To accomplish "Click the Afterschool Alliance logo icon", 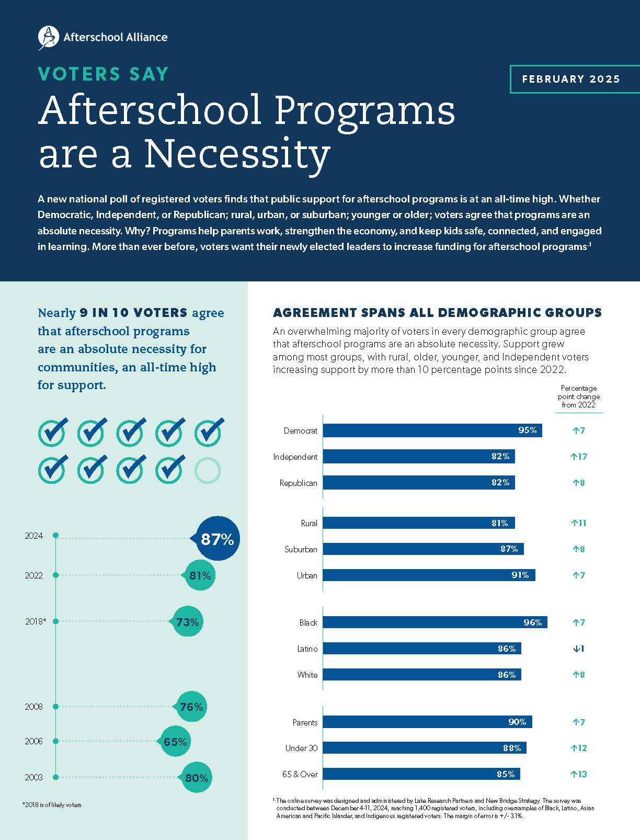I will [49, 37].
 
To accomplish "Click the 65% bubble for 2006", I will [175, 742].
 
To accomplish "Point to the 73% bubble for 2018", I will [187, 622].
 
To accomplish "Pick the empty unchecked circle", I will [208, 471].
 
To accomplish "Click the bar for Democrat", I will [432, 430].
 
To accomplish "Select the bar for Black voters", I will [435, 622].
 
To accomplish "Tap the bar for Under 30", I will [424, 748].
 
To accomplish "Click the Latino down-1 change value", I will [578, 649].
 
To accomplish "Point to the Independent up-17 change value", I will [579, 457].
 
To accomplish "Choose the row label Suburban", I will [301, 549].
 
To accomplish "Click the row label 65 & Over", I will [300, 774].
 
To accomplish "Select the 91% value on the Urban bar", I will [520, 575].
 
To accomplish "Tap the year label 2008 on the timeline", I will [33, 707].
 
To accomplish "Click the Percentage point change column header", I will [578, 396].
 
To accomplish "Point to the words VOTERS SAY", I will [104, 74].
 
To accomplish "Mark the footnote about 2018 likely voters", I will [52, 804].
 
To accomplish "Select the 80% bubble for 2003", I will [196, 778].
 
